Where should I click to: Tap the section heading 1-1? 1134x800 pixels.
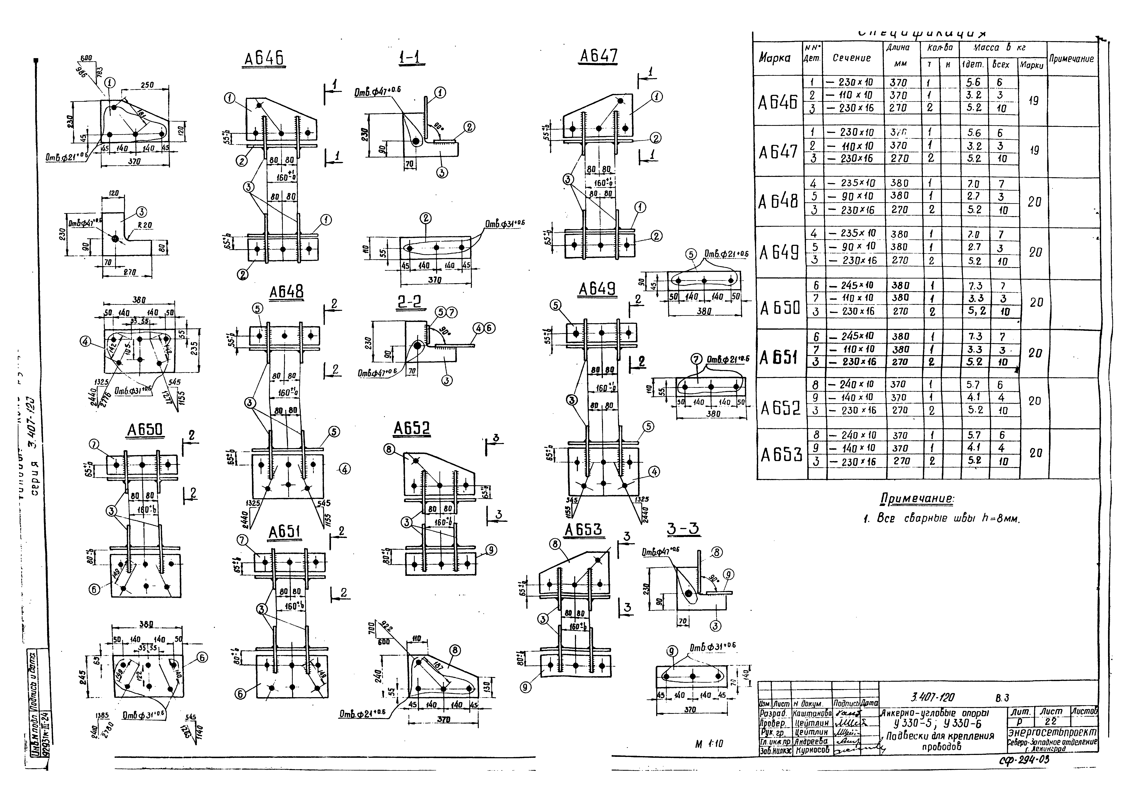point(411,58)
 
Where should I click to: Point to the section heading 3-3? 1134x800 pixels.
point(683,529)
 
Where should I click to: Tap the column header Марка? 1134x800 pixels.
point(774,58)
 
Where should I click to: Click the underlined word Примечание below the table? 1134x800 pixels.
point(917,499)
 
